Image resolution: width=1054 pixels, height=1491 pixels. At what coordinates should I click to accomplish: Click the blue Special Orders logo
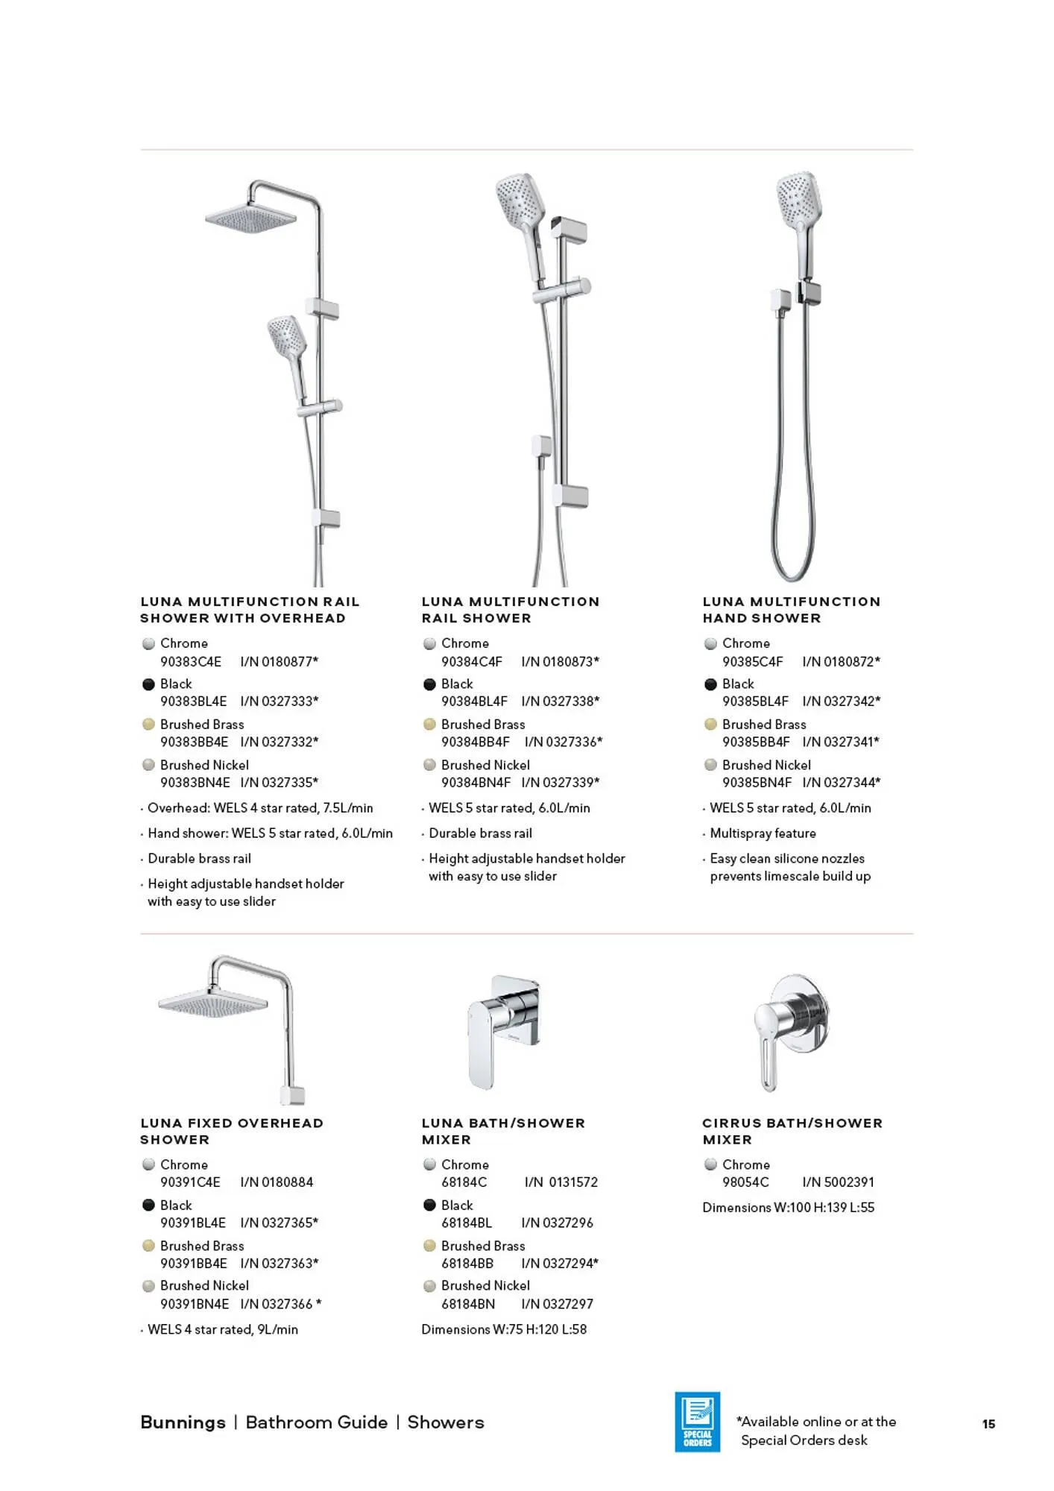coord(697,1422)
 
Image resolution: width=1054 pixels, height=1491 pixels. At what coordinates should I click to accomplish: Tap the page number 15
coord(988,1424)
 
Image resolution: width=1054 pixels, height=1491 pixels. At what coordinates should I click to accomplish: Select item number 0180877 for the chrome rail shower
coord(279,661)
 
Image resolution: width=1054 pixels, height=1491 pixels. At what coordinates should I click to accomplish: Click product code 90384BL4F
coord(474,701)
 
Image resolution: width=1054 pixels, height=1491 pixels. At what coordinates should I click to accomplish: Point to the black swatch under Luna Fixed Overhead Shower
coord(148,1205)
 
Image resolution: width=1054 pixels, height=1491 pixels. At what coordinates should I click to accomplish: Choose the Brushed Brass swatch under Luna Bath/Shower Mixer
coord(429,1245)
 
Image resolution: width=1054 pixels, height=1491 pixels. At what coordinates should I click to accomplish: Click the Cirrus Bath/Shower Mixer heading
coord(792,1131)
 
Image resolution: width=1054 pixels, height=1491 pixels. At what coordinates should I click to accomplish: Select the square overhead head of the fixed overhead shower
coord(213,1003)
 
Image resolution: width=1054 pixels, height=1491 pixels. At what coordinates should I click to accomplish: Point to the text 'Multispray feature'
coord(763,833)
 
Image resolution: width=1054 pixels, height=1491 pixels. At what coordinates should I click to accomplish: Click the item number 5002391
coord(839,1182)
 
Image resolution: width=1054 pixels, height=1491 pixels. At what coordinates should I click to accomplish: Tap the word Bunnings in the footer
coord(183,1422)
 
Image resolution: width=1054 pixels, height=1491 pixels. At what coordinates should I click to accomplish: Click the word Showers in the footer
coord(446,1422)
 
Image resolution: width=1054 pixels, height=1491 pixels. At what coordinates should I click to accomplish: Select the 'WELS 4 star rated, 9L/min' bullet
coord(222,1329)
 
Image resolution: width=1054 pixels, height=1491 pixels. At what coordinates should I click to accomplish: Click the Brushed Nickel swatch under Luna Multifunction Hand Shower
coord(710,765)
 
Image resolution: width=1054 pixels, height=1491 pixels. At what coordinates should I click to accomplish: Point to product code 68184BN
coord(468,1304)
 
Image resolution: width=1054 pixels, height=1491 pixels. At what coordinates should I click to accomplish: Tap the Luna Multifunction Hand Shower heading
coord(791,610)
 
